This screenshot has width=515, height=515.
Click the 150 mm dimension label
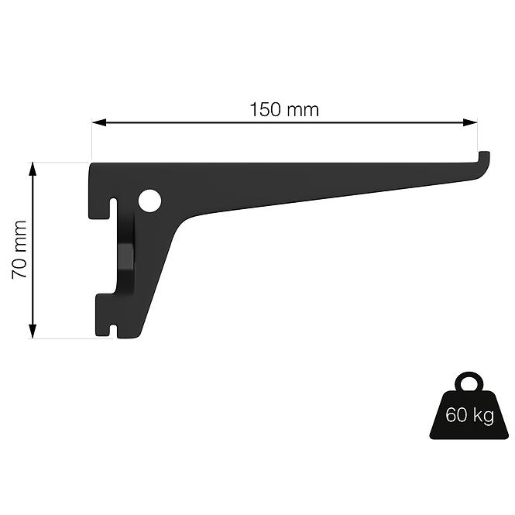283,109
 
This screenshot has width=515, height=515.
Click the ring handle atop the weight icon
469,383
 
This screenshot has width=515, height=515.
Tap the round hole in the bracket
149,202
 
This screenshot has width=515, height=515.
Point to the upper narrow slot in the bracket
114,211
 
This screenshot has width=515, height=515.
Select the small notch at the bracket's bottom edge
115,331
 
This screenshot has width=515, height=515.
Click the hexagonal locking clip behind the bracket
125,256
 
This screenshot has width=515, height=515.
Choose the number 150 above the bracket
265,109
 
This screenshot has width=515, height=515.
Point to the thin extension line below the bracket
66,338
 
